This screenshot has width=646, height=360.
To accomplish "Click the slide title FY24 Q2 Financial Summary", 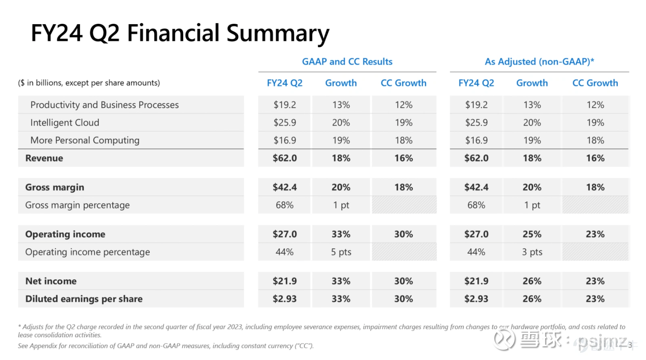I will (x=180, y=33).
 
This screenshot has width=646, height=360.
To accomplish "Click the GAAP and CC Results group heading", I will (x=347, y=62).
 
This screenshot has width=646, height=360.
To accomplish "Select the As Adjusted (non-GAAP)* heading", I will (x=539, y=62).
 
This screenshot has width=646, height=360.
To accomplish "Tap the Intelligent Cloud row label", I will (x=65, y=123).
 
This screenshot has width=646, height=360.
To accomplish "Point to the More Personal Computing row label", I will (x=85, y=141).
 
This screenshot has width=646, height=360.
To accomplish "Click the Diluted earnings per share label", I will (x=84, y=299).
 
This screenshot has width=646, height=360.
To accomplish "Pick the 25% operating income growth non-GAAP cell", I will (x=532, y=234).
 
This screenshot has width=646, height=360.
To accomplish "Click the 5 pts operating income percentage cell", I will (x=341, y=252).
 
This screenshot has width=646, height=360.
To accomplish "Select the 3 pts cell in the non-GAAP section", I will (x=532, y=252).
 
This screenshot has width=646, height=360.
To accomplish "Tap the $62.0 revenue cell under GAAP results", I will (x=285, y=158).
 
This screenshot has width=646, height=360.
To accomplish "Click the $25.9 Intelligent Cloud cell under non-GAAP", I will (x=476, y=123).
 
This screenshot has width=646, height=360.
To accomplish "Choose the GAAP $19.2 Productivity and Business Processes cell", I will (x=285, y=105).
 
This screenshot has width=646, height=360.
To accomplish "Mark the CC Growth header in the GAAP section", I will (x=403, y=83).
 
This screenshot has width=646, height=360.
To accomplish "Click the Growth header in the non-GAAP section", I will (x=532, y=83).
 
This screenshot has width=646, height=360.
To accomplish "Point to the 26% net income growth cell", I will (x=532, y=281).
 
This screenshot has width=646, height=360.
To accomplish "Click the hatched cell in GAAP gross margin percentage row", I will (x=404, y=205).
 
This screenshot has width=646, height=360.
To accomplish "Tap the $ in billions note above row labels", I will (x=89, y=83).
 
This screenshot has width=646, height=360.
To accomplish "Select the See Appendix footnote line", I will (x=166, y=346).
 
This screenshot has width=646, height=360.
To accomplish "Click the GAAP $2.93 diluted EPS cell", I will (x=285, y=299).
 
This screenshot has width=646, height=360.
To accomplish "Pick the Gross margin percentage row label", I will (x=78, y=205).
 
